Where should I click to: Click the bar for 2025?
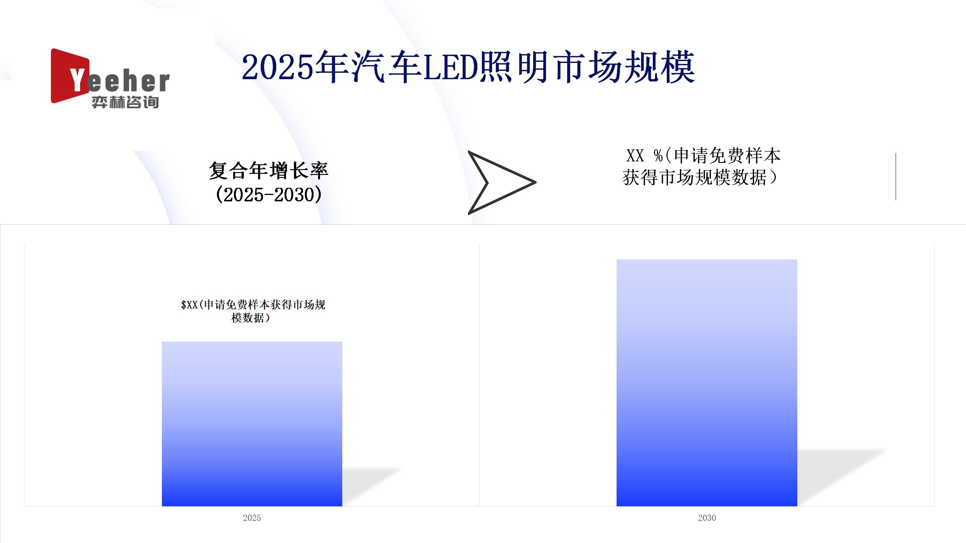[x=252, y=424]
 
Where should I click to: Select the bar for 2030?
[x=707, y=383]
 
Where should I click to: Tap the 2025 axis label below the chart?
[x=252, y=518]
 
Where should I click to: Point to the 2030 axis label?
[x=707, y=518]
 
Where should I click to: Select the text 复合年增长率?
[x=269, y=171]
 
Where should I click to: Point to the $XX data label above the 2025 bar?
[x=253, y=311]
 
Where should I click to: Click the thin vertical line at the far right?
[x=896, y=176]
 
